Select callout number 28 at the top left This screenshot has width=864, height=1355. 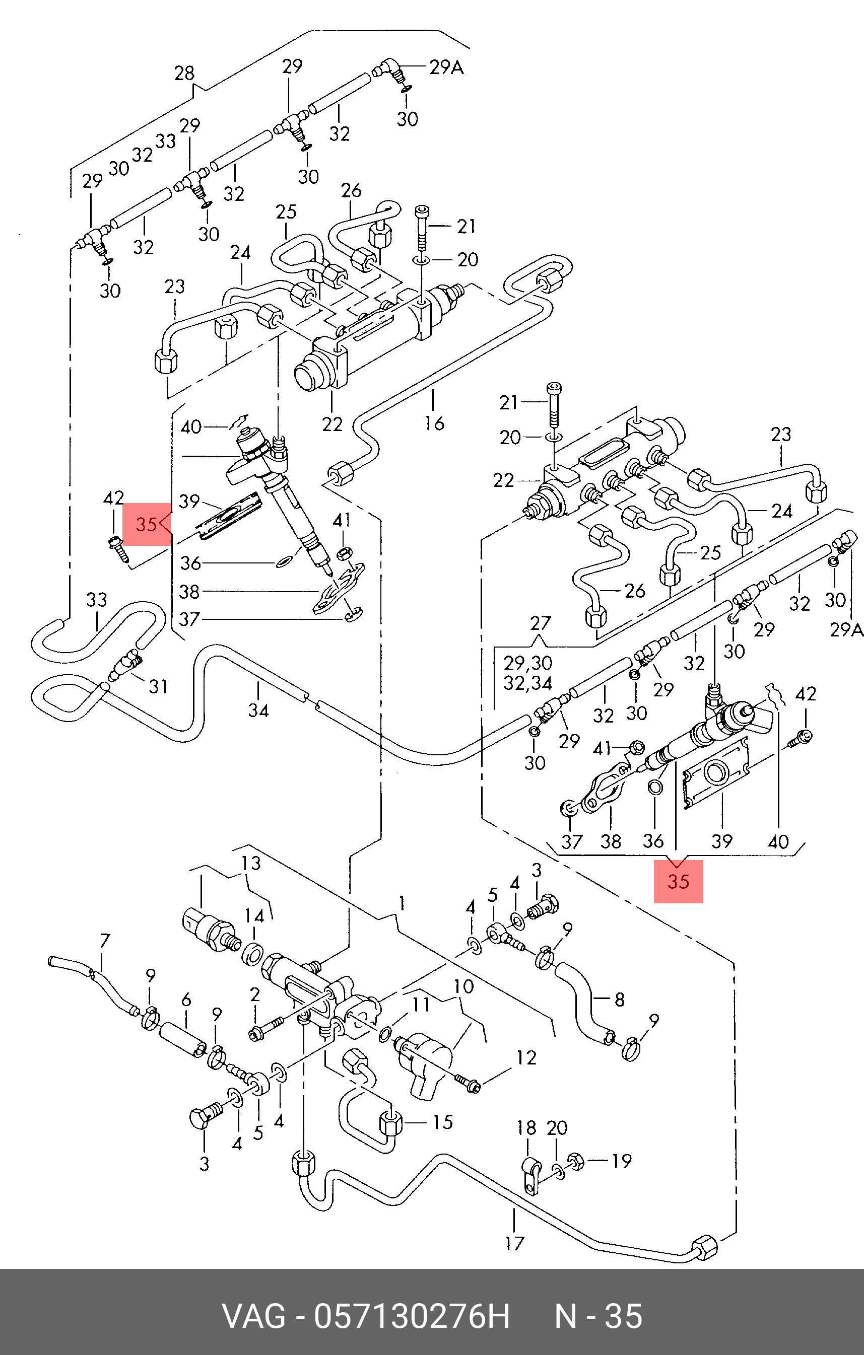pyautogui.click(x=184, y=73)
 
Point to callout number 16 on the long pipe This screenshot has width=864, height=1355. pyautogui.click(x=434, y=422)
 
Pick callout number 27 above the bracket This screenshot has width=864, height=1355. pyautogui.click(x=541, y=623)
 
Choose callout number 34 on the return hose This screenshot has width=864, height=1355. pyautogui.click(x=258, y=710)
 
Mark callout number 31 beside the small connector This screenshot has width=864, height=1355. pyautogui.click(x=158, y=686)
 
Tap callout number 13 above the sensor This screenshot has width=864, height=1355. pyautogui.click(x=251, y=863)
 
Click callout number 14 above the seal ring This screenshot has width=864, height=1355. pyautogui.click(x=254, y=916)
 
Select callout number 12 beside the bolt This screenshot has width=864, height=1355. pyautogui.click(x=526, y=1057)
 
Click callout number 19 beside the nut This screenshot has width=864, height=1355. pyautogui.click(x=621, y=1160)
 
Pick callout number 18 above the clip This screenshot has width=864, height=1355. pyautogui.click(x=527, y=1128)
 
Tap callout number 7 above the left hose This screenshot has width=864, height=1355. pyautogui.click(x=105, y=941)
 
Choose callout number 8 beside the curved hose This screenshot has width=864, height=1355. pyautogui.click(x=619, y=1000)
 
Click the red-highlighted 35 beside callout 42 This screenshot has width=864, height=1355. pyautogui.click(x=146, y=525)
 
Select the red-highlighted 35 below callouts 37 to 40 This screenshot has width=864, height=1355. pyautogui.click(x=678, y=881)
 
